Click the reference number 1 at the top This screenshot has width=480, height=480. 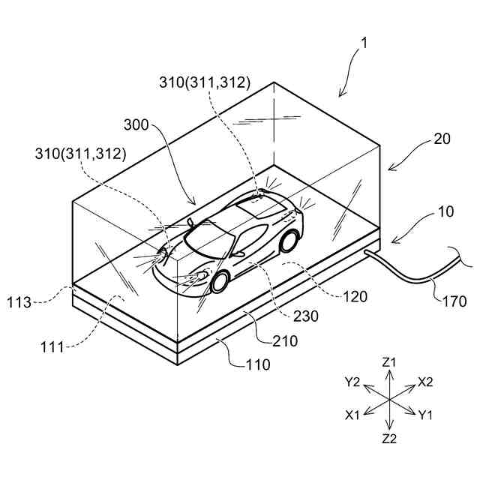[363, 43]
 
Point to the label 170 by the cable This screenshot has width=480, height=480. [452, 301]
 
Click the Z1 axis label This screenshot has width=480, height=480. [388, 362]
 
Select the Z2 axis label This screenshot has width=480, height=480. [388, 439]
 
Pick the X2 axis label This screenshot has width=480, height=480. [425, 382]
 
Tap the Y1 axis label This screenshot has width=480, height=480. [426, 414]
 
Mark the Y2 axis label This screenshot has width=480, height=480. [353, 382]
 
